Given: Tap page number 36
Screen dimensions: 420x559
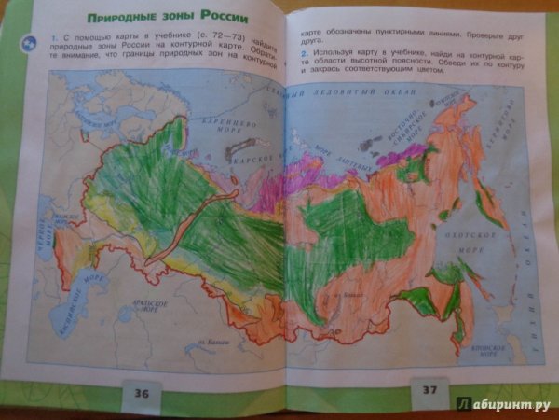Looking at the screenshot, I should coord(142,392).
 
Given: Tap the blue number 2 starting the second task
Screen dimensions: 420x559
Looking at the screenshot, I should coord(304,53).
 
